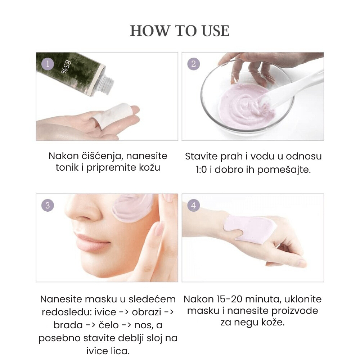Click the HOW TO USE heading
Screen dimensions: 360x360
(x=180, y=31)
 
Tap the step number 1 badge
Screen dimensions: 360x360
(x=48, y=64)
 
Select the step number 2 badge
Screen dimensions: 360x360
(x=193, y=64)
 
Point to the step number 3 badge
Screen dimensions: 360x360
(x=48, y=206)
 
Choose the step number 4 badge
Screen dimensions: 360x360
(x=193, y=206)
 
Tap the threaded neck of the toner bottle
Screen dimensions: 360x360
(x=106, y=82)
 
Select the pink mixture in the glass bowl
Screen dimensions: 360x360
(x=245, y=103)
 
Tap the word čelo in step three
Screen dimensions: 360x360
(x=108, y=325)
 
